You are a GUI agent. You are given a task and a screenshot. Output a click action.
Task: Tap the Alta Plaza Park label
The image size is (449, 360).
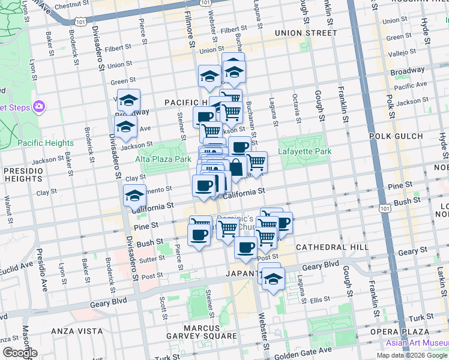click(x=163, y=159)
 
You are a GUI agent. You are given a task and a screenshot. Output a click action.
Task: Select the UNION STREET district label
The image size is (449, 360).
click(x=304, y=32)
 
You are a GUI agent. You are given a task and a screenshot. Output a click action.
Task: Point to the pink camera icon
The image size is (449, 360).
click(x=39, y=107)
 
